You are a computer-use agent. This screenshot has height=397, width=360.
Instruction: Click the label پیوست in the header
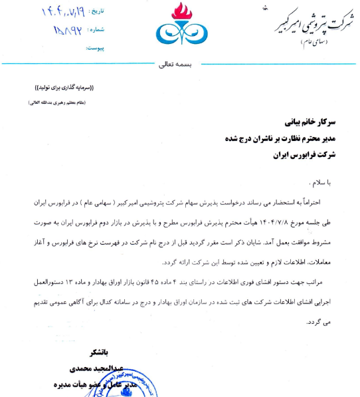[x=96, y=48]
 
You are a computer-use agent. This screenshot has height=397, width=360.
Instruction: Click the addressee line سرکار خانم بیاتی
[x=311, y=123]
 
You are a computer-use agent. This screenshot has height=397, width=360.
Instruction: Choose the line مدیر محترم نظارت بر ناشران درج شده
[x=281, y=138]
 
